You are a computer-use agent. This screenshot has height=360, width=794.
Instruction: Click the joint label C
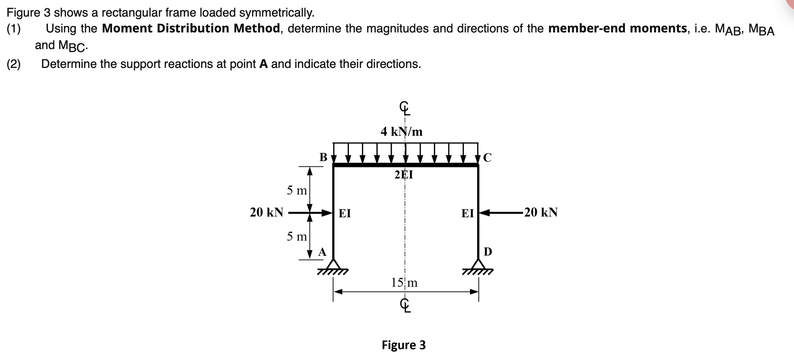tap(487, 158)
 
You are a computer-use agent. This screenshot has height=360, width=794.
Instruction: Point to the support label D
tap(488, 252)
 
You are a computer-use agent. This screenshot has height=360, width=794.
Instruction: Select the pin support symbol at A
tap(333, 265)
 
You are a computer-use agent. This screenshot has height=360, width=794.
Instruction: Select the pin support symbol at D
tap(479, 265)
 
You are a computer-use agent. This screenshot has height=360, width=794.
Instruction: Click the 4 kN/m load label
tap(402, 132)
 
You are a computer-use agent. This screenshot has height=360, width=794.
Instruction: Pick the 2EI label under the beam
tap(403, 175)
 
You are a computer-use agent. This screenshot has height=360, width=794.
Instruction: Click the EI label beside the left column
tap(345, 214)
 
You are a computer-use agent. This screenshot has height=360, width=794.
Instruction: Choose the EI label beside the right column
tap(468, 214)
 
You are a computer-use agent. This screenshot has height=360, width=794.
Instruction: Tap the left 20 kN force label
tap(266, 212)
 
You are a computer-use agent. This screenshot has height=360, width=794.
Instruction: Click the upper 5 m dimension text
tap(297, 190)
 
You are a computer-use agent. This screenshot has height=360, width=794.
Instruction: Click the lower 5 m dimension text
tap(297, 237)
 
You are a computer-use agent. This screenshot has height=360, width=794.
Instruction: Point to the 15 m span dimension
tap(404, 283)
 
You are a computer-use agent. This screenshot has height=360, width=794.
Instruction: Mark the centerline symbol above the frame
tap(404, 109)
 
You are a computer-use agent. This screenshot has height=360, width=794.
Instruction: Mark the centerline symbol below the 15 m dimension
tap(404, 305)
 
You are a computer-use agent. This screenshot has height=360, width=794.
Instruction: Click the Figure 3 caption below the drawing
tap(403, 345)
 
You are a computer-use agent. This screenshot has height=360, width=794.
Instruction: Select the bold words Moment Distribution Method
tap(191, 28)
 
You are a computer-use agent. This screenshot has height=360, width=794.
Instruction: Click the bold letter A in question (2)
tap(263, 64)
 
